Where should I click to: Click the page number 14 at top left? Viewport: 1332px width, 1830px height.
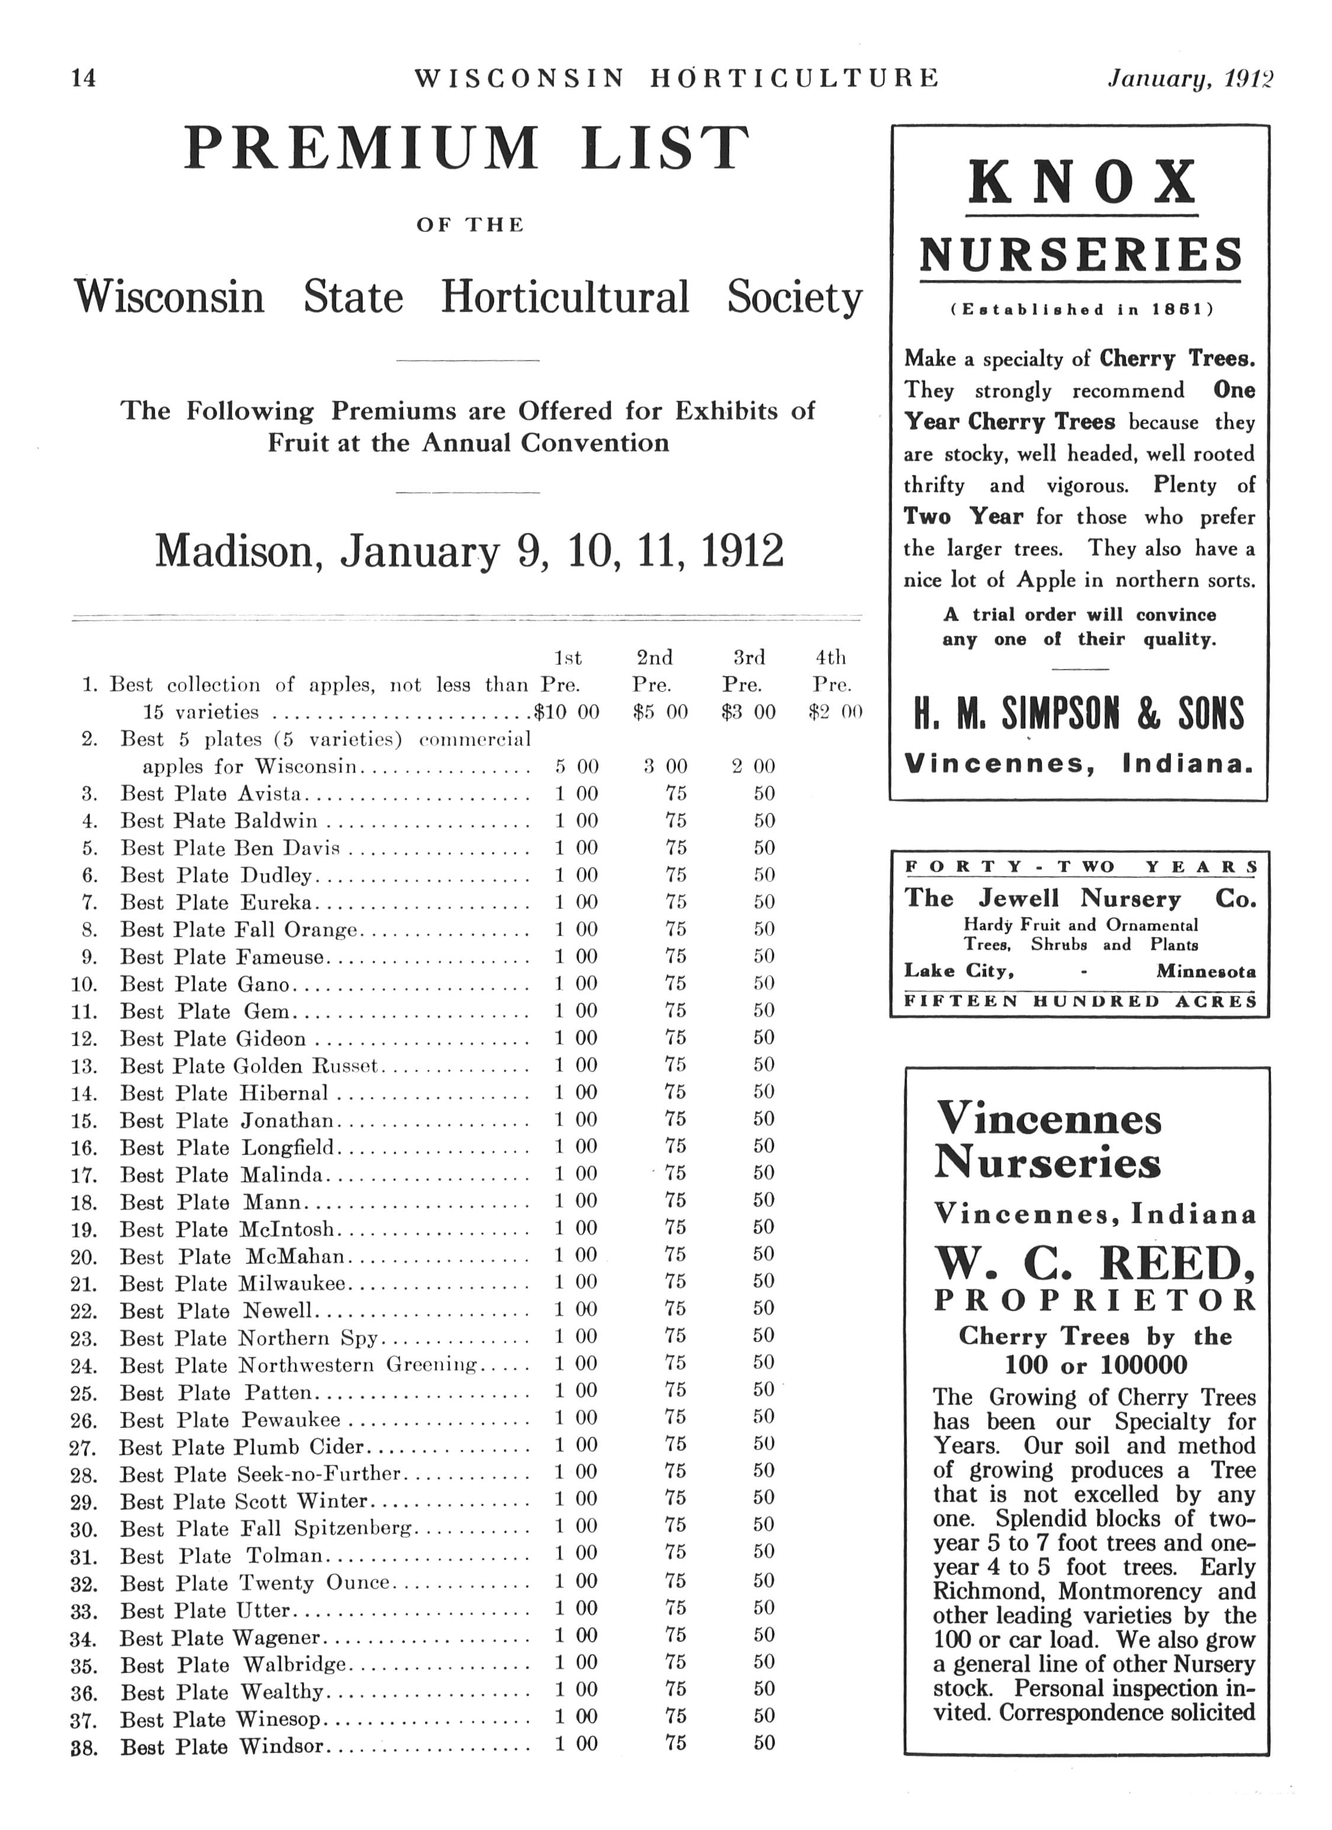pos(83,78)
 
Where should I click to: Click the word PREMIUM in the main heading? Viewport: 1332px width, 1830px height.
pos(362,149)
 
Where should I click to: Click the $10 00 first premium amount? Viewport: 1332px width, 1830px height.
pos(567,712)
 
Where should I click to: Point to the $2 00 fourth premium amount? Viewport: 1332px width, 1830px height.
pos(835,712)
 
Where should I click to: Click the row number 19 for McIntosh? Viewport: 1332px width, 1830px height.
pos(84,1230)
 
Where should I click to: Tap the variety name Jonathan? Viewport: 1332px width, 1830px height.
pos(287,1121)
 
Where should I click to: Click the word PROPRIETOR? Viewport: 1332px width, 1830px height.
pos(1095,1301)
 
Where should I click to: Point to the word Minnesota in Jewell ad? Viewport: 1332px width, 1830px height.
pos(1205,972)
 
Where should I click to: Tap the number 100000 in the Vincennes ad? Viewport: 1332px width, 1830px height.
pos(1143,1365)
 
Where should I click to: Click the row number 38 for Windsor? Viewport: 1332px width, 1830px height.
pos(84,1748)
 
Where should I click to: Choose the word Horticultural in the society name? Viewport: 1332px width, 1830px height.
pos(565,297)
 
